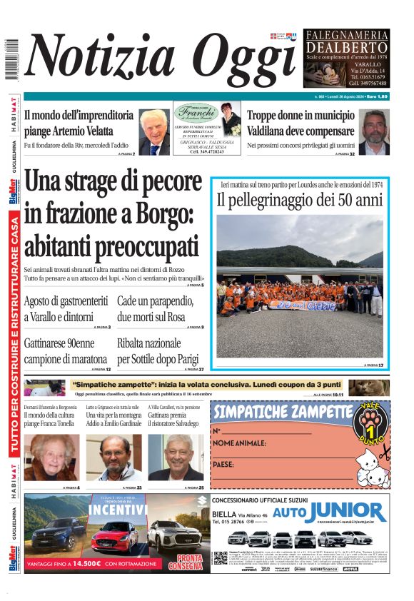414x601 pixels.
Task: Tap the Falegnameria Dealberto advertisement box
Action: [x=346, y=59]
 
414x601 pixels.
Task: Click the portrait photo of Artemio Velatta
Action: [x=153, y=133]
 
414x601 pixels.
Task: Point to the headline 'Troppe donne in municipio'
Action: [x=301, y=115]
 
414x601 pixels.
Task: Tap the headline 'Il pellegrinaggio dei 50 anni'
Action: [x=300, y=200]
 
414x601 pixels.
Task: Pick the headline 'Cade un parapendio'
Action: [x=156, y=300]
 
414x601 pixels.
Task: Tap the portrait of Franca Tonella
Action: [x=52, y=458]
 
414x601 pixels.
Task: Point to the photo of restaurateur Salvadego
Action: [x=176, y=458]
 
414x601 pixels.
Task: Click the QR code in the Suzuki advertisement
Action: [x=220, y=557]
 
